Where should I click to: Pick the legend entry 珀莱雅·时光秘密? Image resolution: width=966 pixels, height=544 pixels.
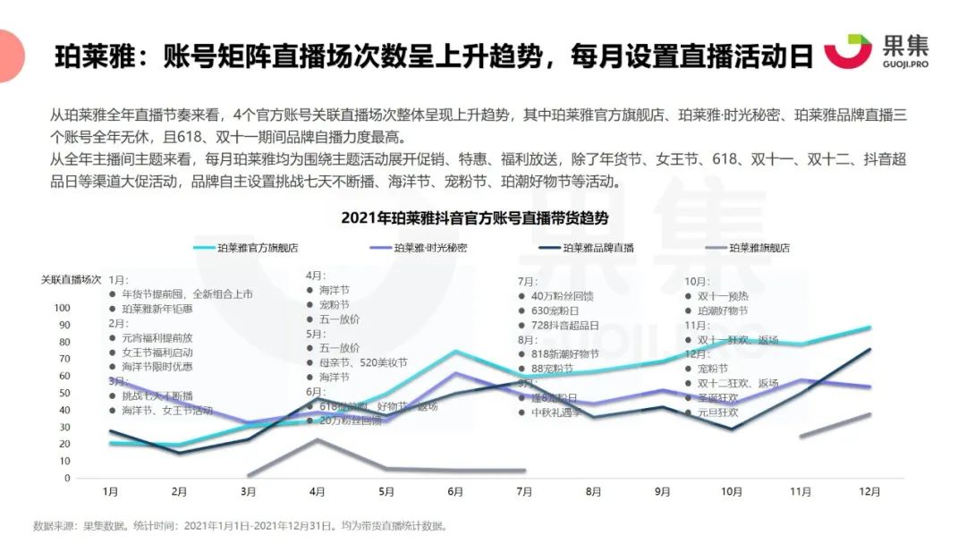(x=430, y=248)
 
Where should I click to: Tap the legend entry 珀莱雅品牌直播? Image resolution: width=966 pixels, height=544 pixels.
(x=598, y=248)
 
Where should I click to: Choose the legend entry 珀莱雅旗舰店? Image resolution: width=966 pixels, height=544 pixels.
(x=759, y=248)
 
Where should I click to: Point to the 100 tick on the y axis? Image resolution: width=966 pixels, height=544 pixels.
(x=62, y=308)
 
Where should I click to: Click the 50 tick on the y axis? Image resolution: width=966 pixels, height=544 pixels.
(x=64, y=393)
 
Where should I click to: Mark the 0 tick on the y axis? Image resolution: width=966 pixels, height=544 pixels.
(x=67, y=478)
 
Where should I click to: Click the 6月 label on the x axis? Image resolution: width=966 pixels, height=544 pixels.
(x=455, y=491)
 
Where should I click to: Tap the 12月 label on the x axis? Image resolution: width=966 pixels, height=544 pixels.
(x=869, y=491)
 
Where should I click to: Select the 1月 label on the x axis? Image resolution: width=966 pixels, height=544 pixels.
(x=111, y=491)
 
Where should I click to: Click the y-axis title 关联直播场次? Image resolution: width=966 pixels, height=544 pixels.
(x=71, y=280)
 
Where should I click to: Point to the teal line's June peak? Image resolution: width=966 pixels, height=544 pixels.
(x=455, y=351)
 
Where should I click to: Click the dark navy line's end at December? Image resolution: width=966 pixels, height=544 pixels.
(x=869, y=349)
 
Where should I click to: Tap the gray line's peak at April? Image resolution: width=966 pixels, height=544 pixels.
(x=318, y=439)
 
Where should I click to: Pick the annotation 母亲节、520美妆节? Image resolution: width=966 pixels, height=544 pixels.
(x=362, y=362)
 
